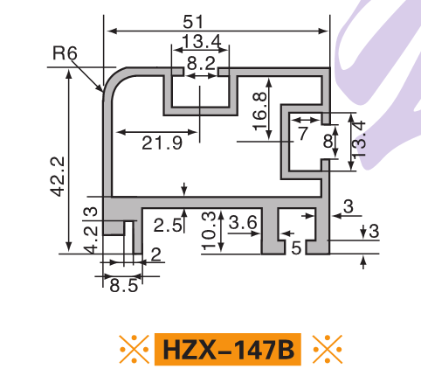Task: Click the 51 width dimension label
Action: pos(192,22)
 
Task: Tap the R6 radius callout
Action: pos(65,53)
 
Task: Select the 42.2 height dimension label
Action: pos(58,177)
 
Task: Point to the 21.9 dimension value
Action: pos(162,143)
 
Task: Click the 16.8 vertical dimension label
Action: pos(259,111)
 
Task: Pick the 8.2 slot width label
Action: pos(201,63)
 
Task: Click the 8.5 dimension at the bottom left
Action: pos(124,286)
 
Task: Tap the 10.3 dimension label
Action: pos(210,231)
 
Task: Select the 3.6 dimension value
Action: pos(243,223)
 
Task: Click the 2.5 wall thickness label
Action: pos(167,226)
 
